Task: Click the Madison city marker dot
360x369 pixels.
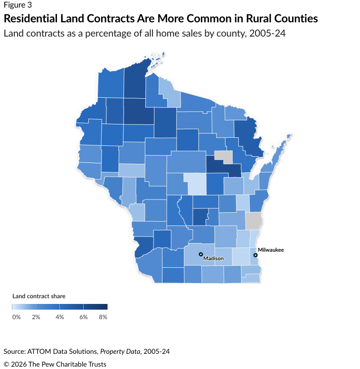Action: point(200,255)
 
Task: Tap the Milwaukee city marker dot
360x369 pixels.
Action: point(256,255)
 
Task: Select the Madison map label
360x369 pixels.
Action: point(213,259)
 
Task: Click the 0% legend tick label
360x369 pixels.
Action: point(16,317)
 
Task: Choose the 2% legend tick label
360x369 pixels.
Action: point(36,317)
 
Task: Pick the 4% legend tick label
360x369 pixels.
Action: point(60,317)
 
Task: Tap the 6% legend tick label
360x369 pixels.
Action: point(84,317)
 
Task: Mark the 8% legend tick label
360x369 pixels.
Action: point(103,317)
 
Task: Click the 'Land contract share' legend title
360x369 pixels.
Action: point(38,296)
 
